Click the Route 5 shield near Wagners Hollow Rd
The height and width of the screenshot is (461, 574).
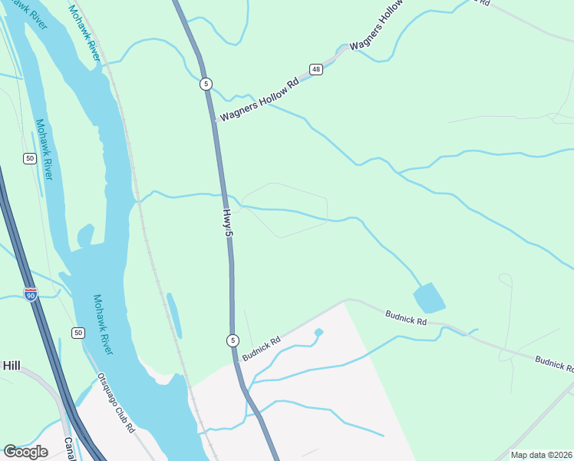(206, 83)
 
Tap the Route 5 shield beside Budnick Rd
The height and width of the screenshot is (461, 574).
(233, 340)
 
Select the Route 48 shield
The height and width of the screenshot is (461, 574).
(316, 70)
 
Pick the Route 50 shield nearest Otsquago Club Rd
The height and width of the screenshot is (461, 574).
(78, 332)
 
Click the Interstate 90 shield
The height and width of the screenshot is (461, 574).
(31, 294)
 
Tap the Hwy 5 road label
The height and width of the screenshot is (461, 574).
(228, 227)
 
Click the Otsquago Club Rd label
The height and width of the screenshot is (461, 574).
(117, 403)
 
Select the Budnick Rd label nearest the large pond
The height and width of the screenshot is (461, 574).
(406, 318)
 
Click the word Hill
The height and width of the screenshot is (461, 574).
(11, 366)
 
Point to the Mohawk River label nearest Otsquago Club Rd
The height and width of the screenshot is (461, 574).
(103, 324)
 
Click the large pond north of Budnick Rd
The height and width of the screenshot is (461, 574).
(429, 298)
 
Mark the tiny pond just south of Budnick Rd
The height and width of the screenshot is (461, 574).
(318, 332)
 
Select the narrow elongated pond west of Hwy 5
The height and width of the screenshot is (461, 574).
(174, 315)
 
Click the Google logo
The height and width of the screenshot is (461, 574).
(26, 451)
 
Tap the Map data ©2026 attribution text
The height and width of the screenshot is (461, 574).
(540, 455)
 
